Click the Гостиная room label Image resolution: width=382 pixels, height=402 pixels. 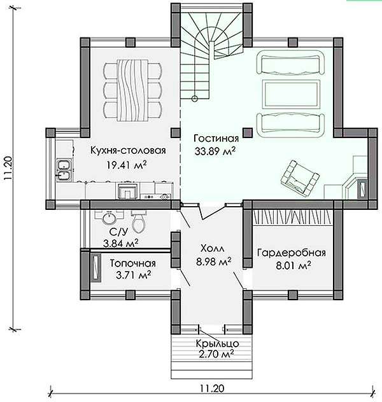click(x=216, y=139)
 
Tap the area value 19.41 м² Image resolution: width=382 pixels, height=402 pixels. click(x=127, y=165)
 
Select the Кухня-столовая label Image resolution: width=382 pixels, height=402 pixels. click(x=128, y=151)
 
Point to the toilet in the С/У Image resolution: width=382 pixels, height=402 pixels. click(x=138, y=222)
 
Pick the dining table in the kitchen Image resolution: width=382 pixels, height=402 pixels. click(x=132, y=90)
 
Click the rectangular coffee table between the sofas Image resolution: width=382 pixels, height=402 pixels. click(x=292, y=94)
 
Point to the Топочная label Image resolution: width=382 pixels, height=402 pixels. click(x=132, y=263)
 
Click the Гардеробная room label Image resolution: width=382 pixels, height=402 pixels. click(x=291, y=253)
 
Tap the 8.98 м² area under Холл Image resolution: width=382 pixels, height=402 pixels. click(x=214, y=261)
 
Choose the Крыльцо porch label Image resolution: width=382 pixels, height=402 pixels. click(x=218, y=343)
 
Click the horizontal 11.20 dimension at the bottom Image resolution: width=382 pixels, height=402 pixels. click(x=211, y=389)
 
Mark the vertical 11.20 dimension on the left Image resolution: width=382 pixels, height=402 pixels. click(x=8, y=169)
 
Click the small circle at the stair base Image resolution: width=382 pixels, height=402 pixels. click(x=195, y=99)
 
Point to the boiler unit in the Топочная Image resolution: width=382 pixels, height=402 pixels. click(x=95, y=268)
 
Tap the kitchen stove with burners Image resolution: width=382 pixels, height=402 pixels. click(x=155, y=197)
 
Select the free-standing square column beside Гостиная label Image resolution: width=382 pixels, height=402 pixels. click(x=248, y=132)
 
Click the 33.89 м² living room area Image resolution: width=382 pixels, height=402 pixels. click(x=215, y=151)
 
